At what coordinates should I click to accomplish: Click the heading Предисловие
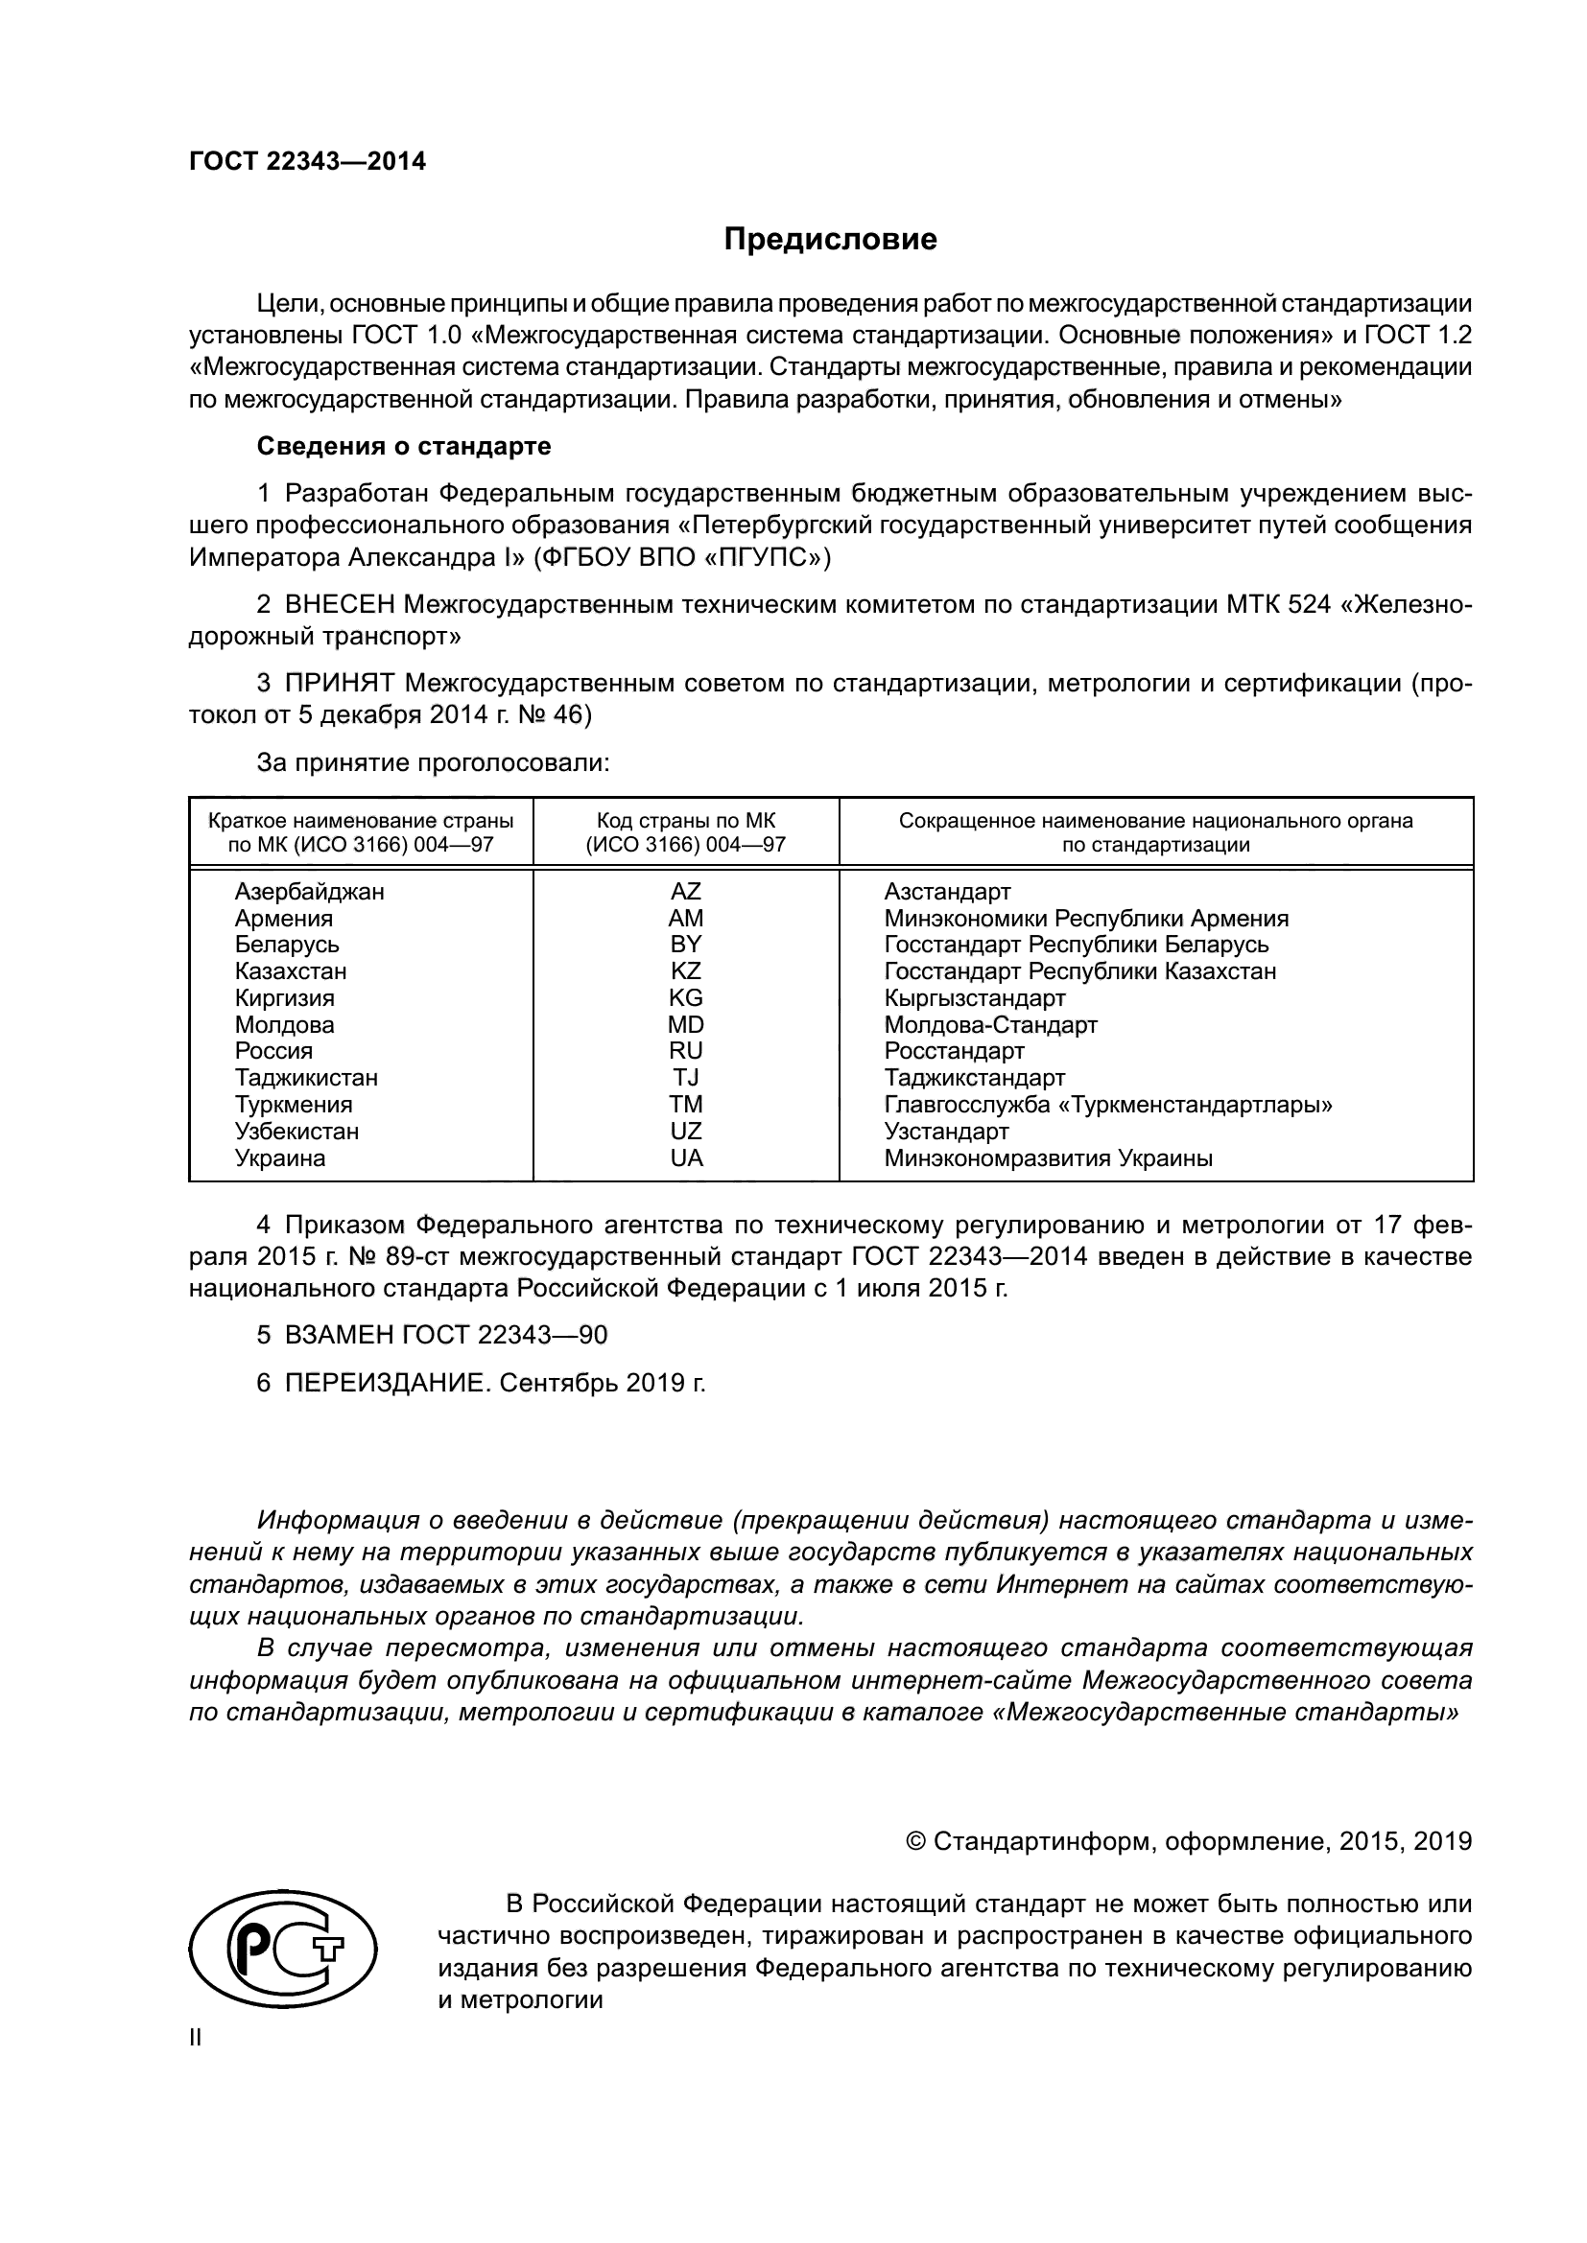tap(830, 240)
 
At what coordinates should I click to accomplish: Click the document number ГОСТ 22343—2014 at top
tap(307, 162)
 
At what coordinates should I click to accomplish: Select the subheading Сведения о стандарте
tap(404, 447)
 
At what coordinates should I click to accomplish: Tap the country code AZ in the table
tap(685, 891)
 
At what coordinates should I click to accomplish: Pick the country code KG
tap(685, 997)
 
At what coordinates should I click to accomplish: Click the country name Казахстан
tap(290, 971)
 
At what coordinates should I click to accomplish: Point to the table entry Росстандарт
tap(954, 1051)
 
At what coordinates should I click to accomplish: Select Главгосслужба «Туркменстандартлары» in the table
tap(1108, 1105)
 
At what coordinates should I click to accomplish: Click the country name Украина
tap(279, 1158)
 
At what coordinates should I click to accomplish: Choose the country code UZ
tap(685, 1132)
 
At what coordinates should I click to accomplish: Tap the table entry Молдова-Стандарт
tap(990, 1025)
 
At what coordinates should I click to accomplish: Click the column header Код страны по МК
tap(685, 822)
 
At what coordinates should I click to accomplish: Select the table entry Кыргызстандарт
tap(974, 998)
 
